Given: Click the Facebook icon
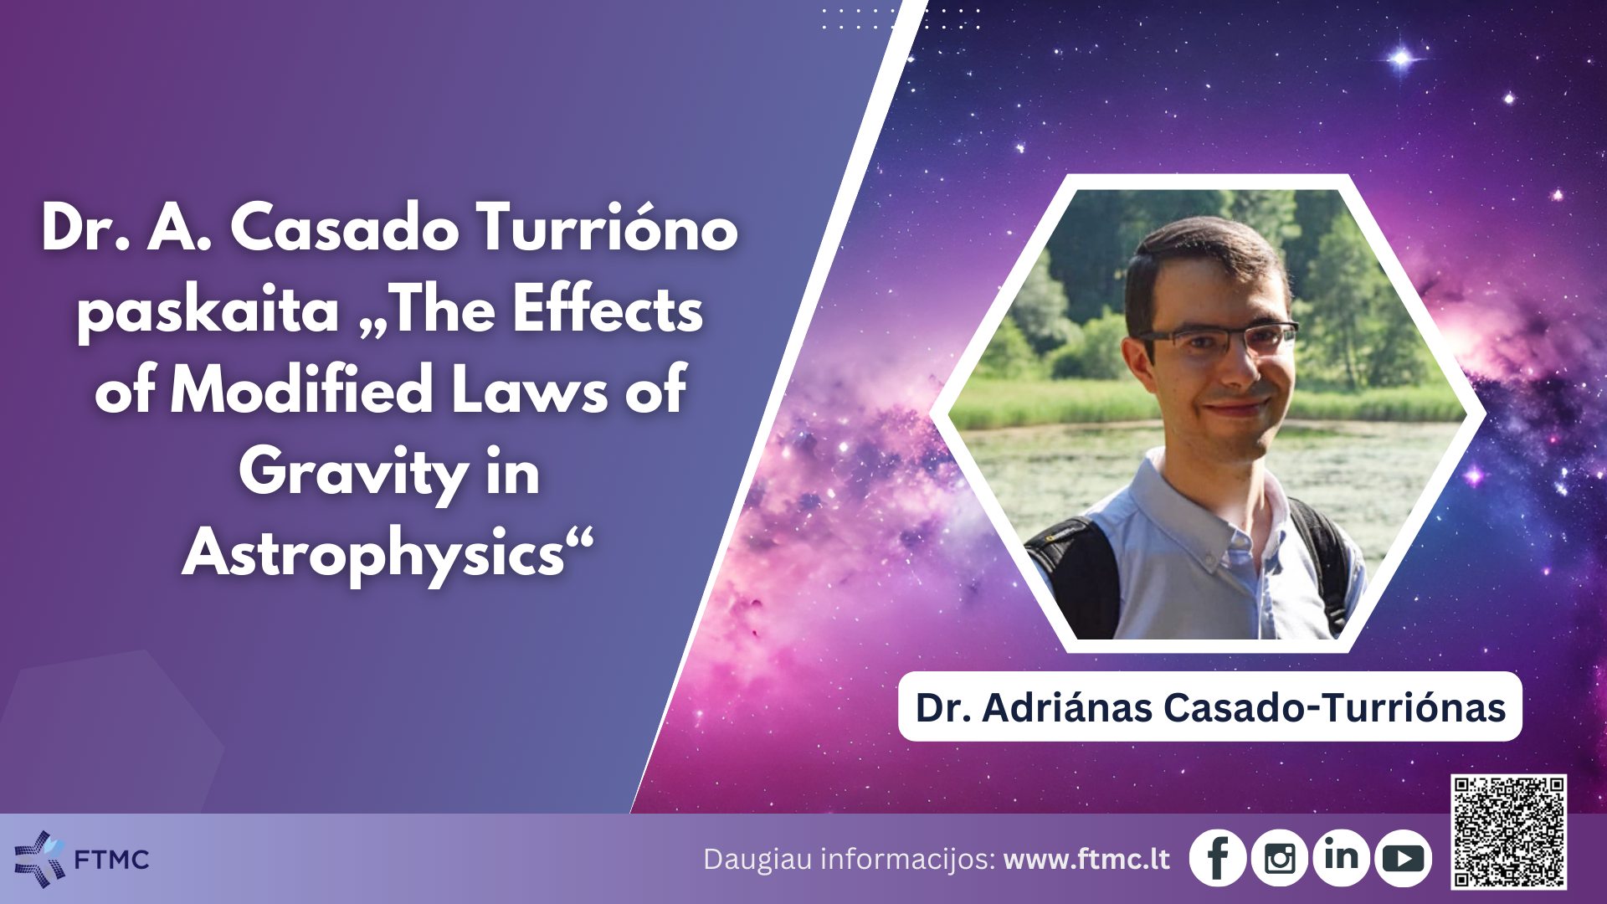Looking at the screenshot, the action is click(x=1218, y=857).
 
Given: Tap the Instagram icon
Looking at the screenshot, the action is click(x=1280, y=857).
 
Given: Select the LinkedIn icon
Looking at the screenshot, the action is click(x=1341, y=857).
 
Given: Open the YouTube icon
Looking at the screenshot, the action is click(x=1403, y=857).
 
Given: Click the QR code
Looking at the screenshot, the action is click(x=1509, y=831).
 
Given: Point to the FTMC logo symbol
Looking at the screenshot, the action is click(x=39, y=858).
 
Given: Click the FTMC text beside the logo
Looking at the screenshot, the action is click(x=111, y=860).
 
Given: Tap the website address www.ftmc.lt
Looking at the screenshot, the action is click(x=1086, y=860).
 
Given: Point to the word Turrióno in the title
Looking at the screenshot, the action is click(x=607, y=228).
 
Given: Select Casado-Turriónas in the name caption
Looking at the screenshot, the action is click(x=1335, y=707).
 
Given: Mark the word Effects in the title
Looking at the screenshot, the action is click(x=608, y=310).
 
